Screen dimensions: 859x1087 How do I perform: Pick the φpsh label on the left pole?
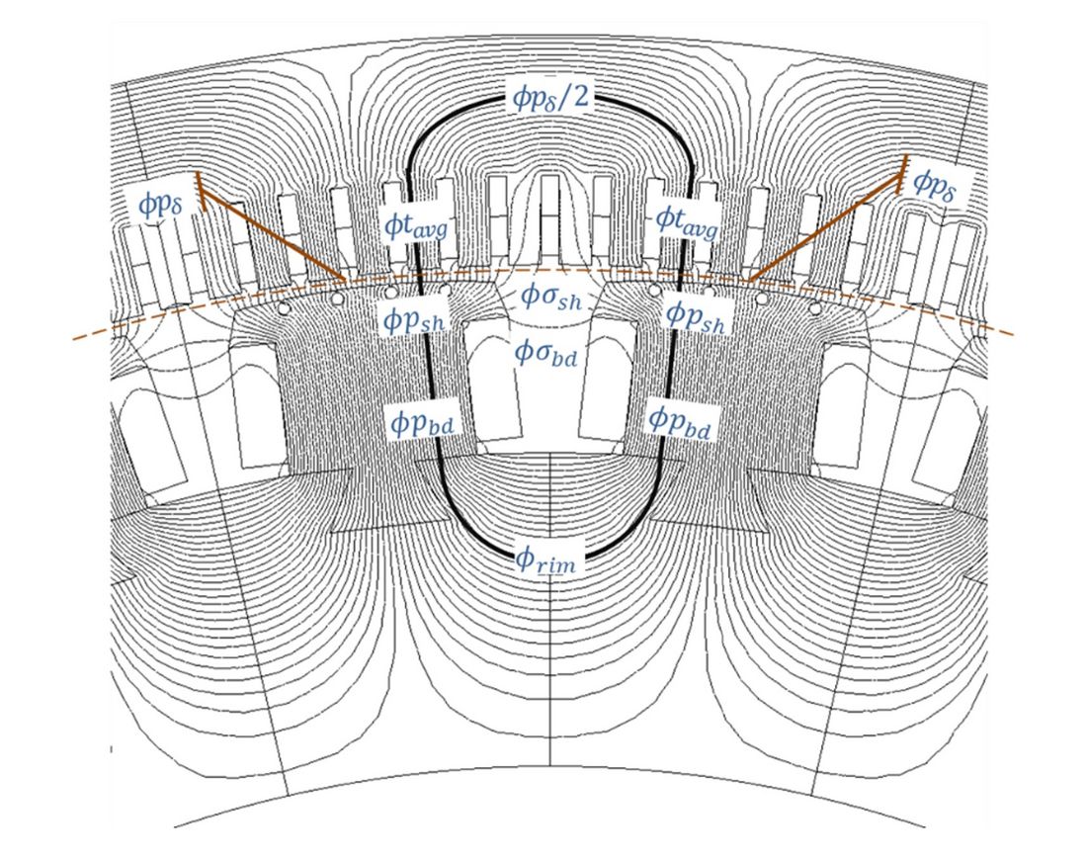[412, 316]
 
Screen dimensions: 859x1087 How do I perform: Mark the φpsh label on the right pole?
[697, 316]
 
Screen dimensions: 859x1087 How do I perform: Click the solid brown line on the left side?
[272, 233]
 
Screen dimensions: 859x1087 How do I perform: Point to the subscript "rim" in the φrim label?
[558, 565]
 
